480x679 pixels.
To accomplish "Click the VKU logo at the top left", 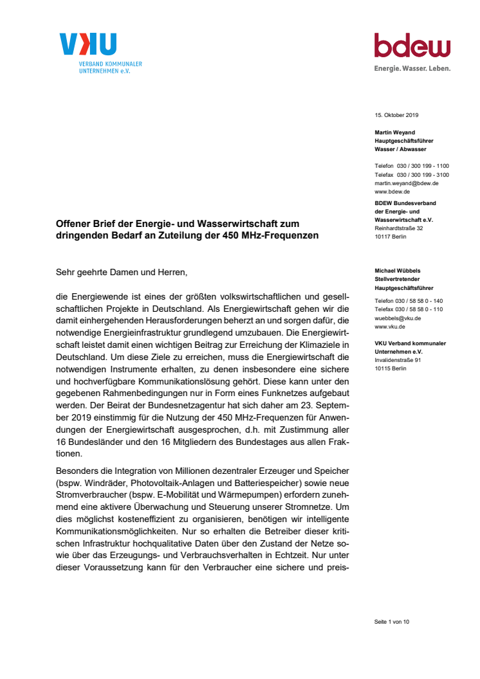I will (89, 44).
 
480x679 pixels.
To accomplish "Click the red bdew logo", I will (412, 46).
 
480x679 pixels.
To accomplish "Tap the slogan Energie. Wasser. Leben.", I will (412, 68).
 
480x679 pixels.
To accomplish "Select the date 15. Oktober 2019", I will (396, 115).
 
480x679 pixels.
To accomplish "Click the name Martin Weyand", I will (395, 132).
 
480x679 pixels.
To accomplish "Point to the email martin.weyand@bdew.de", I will (407, 183).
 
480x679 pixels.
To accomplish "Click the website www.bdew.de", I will (392, 192).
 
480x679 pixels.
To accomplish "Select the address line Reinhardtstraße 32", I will (399, 228).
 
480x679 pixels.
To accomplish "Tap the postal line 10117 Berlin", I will (391, 237).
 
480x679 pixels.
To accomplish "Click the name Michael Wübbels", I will (398, 271).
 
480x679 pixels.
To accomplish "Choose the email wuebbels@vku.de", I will (398, 318).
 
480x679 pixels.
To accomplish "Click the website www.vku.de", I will (391, 327).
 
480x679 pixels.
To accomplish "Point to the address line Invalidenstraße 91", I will (398, 360).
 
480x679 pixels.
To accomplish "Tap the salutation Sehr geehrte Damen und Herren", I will (122, 273).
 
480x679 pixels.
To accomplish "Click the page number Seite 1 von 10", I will (392, 622).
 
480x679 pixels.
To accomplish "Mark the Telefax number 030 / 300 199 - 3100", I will (423, 175).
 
